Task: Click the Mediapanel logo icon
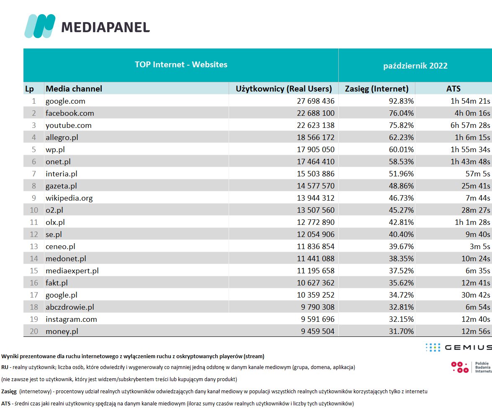[40, 26]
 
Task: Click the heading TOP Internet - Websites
[181, 64]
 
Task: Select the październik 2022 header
[415, 66]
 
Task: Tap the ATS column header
[453, 88]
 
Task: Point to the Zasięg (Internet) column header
[376, 88]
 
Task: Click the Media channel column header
[74, 88]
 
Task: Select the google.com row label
[65, 101]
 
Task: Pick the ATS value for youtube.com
[466, 125]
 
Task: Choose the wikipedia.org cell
[69, 198]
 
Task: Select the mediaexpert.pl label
[72, 270]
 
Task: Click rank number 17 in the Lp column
[34, 295]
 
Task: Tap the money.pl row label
[62, 331]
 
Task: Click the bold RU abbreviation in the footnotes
[5, 367]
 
